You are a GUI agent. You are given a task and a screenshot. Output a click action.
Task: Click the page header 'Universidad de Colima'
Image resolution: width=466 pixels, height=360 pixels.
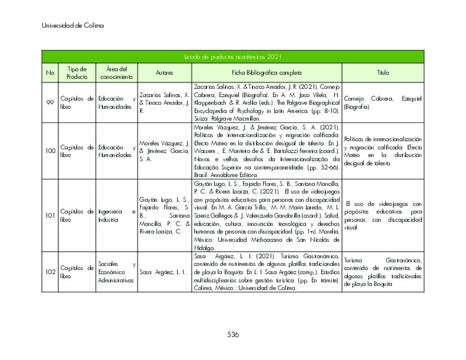click(x=73, y=25)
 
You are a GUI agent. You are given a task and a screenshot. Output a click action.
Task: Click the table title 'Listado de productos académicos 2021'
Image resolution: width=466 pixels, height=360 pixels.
click(x=232, y=57)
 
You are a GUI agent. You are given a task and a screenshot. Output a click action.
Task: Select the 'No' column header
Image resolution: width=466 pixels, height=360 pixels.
click(x=50, y=73)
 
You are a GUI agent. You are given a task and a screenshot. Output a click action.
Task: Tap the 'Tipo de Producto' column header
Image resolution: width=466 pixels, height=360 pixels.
click(x=77, y=73)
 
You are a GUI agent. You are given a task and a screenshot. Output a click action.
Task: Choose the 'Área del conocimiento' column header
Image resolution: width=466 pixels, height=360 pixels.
click(x=116, y=73)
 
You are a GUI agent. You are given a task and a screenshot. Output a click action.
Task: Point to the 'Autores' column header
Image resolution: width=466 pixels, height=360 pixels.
click(x=164, y=73)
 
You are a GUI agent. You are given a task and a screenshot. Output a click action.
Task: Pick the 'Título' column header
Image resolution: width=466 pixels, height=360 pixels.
click(x=383, y=73)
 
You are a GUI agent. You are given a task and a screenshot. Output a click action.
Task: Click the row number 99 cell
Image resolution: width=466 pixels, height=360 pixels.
click(x=50, y=103)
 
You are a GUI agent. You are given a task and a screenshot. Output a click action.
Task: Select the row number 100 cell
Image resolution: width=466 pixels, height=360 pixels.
click(x=50, y=151)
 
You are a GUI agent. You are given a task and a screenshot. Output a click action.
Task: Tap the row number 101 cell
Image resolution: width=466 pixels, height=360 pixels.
click(x=50, y=215)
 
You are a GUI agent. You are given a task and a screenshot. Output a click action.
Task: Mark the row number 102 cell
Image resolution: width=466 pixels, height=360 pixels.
click(x=50, y=272)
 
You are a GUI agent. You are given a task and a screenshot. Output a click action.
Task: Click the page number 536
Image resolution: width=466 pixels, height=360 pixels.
click(x=233, y=334)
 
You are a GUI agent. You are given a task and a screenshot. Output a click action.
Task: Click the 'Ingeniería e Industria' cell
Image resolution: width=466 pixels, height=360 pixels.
click(x=116, y=215)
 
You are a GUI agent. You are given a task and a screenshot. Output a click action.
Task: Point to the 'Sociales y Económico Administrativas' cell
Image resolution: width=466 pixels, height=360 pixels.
click(x=116, y=272)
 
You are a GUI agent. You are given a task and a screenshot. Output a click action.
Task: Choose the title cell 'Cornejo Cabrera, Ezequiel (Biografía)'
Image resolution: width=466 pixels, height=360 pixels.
click(x=382, y=103)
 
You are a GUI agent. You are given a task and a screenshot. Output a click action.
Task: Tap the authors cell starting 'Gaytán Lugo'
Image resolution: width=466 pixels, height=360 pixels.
click(x=164, y=215)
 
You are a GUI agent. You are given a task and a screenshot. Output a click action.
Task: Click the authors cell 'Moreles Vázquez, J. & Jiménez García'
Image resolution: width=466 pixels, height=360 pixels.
click(x=164, y=151)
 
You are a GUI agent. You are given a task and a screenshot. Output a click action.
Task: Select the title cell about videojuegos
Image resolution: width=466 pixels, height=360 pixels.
click(x=382, y=215)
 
